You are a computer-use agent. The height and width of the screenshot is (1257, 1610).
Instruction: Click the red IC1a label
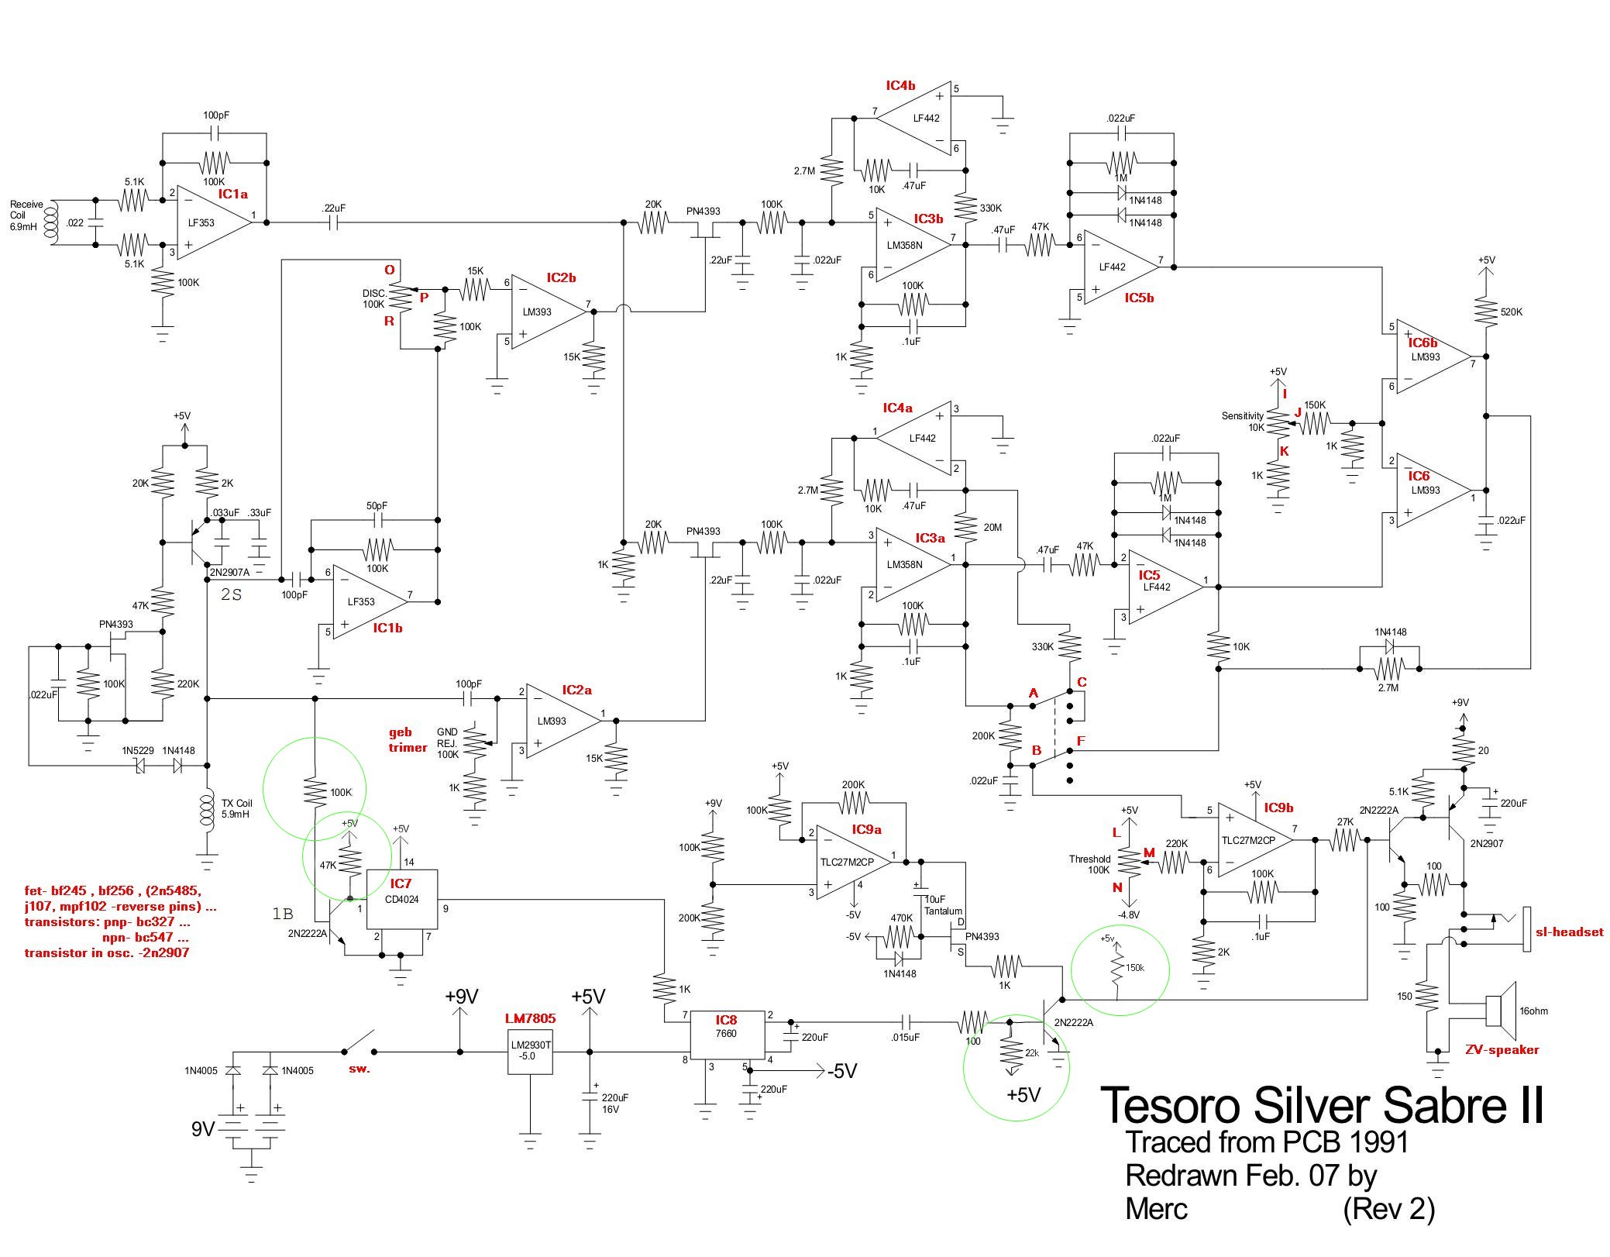[x=232, y=194]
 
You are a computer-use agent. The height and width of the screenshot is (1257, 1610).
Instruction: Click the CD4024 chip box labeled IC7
[x=401, y=899]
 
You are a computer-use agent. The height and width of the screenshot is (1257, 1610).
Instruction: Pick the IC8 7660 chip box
[x=726, y=1034]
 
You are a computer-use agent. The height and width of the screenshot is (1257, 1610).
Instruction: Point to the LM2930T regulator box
[x=530, y=1052]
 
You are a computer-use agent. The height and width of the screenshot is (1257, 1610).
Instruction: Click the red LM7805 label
[x=530, y=1018]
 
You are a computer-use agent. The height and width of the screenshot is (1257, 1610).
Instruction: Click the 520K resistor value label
[x=1512, y=312]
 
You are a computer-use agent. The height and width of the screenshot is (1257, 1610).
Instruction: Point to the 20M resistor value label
[x=992, y=528]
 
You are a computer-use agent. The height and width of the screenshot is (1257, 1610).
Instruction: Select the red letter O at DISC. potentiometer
[x=390, y=270]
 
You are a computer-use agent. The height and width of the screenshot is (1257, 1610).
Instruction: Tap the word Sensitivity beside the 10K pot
[x=1242, y=416]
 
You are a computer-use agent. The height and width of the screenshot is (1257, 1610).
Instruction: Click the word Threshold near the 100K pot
[x=1089, y=859]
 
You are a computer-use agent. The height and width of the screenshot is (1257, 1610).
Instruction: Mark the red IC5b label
[x=1139, y=298]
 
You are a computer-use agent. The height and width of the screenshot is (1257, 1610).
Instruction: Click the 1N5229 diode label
[x=137, y=751]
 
